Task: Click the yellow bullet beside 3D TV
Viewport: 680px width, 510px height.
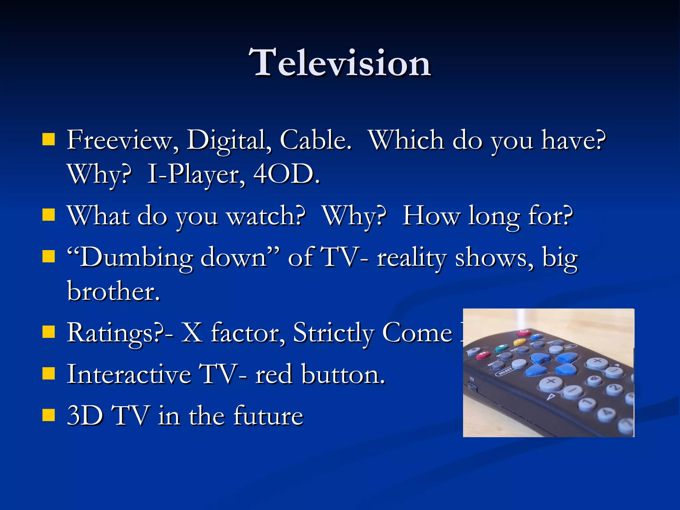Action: click(x=48, y=415)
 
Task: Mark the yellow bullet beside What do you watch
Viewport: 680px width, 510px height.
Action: click(x=48, y=215)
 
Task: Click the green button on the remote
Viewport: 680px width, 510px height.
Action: click(x=501, y=348)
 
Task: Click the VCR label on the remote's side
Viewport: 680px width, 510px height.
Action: click(x=471, y=379)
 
